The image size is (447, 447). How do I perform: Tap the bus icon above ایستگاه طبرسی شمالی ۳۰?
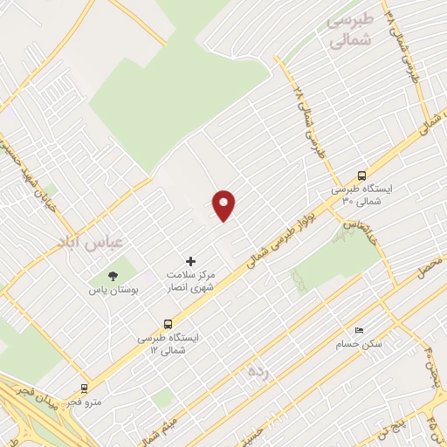click(361, 175)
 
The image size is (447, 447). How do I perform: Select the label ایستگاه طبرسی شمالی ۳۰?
click(361, 195)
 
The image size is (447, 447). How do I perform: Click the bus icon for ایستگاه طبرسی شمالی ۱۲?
click(168, 323)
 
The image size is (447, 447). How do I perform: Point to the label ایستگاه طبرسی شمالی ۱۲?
click(168, 343)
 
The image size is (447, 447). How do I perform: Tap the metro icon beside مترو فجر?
click(84, 389)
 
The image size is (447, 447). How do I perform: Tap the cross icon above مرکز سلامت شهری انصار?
click(191, 261)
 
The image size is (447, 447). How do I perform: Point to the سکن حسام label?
click(360, 344)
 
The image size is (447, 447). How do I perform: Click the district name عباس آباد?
click(93, 239)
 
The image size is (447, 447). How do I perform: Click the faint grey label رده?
click(257, 373)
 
